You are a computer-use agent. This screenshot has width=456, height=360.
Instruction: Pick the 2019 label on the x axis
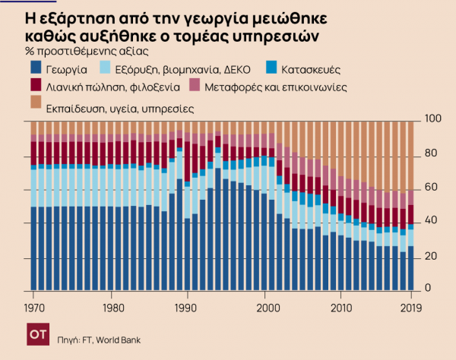410,308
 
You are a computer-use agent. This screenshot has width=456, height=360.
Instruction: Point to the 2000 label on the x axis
267,308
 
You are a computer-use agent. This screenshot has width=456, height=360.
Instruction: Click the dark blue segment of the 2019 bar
411,267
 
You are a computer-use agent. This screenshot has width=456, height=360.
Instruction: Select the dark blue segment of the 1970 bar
33,247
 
